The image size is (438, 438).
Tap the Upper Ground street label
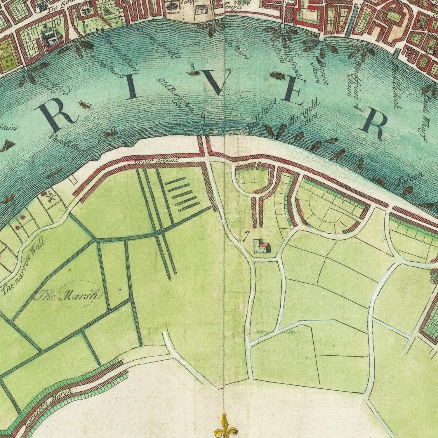click(x=156, y=161)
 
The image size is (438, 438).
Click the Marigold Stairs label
click(x=304, y=115)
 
